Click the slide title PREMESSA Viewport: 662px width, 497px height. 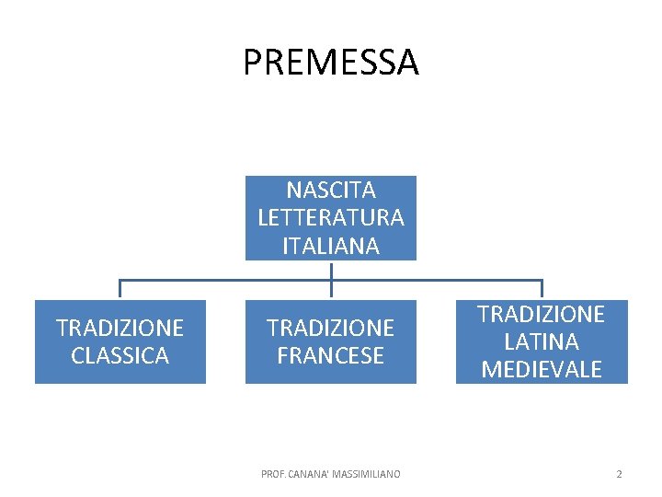[331, 63]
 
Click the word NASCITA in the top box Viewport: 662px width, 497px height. [331, 191]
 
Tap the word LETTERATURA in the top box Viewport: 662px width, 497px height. [331, 218]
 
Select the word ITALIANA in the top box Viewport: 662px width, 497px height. [331, 246]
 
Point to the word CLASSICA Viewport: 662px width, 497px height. [120, 355]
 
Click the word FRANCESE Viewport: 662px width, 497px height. [331, 355]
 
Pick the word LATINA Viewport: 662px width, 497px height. [542, 341]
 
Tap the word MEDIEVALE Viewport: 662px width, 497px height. [542, 369]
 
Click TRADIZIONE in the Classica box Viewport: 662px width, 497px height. [120, 328]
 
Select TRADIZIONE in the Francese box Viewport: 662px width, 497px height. [331, 328]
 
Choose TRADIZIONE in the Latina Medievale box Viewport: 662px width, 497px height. [542, 314]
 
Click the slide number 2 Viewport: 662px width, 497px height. [619, 474]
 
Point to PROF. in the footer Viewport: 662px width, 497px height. [273, 474]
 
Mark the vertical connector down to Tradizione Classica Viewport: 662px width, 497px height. [120, 290]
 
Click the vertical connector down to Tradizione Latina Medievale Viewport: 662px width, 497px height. [542, 290]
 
